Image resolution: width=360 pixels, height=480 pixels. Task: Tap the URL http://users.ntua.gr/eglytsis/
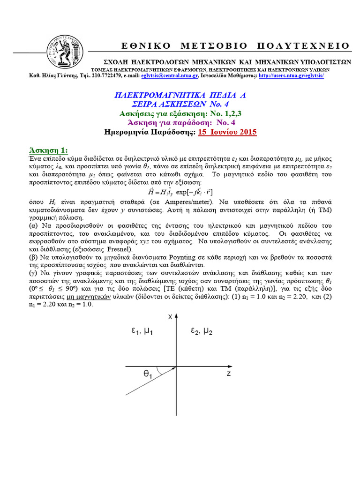tap(291, 76)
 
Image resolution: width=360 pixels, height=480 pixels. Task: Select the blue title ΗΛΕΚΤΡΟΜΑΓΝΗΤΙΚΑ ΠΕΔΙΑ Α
tap(180, 95)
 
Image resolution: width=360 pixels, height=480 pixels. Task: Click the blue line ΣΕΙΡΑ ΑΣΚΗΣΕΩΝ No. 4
tap(180, 104)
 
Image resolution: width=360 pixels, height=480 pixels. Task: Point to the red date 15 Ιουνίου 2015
tap(225, 132)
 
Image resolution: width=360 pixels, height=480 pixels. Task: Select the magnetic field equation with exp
tap(180, 191)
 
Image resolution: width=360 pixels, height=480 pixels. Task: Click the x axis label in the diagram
tap(171, 317)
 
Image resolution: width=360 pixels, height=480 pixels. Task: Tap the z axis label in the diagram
tap(228, 374)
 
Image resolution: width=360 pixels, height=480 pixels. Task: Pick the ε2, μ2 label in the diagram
tap(202, 331)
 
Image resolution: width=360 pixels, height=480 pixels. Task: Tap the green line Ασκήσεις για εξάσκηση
tap(180, 113)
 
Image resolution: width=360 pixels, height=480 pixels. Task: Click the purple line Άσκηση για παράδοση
tap(180, 123)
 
